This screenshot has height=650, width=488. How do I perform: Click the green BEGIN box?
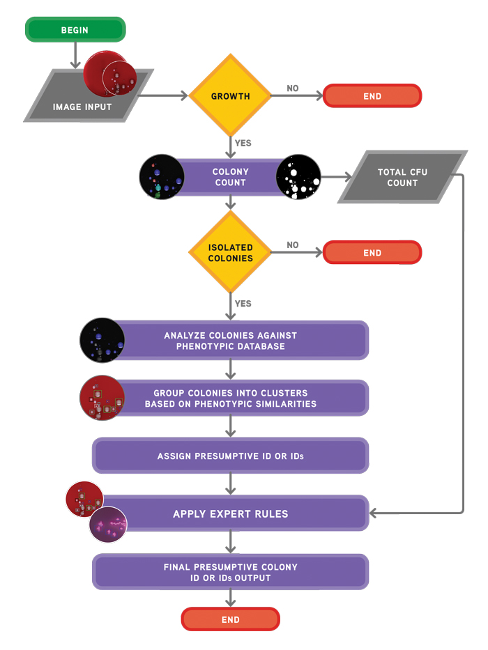coord(75,30)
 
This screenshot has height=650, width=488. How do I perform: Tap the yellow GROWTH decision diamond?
coord(230,96)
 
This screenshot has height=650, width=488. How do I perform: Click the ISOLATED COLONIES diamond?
coord(230,253)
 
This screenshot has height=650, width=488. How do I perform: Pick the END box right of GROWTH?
coord(372,96)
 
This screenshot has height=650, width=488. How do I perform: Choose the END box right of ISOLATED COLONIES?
coord(372,253)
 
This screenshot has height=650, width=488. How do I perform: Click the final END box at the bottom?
coord(230,619)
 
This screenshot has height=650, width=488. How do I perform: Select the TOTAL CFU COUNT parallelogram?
coord(402,177)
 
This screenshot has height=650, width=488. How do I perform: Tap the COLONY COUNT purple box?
coord(230,177)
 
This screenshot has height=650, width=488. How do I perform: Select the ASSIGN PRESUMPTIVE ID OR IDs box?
coord(230,456)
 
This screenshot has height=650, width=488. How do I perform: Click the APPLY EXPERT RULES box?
coord(230,514)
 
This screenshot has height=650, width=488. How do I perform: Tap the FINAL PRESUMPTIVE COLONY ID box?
coord(230,572)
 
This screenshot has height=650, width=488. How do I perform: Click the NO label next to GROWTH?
coord(293,88)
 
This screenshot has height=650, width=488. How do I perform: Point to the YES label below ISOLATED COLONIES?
coord(243,304)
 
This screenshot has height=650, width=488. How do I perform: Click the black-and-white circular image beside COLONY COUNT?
coord(298,177)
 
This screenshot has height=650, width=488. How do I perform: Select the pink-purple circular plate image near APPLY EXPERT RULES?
coord(108,525)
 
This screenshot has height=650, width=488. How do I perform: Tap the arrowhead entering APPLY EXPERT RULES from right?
coord(374,514)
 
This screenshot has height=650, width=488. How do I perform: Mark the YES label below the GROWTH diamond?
coord(243,144)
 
